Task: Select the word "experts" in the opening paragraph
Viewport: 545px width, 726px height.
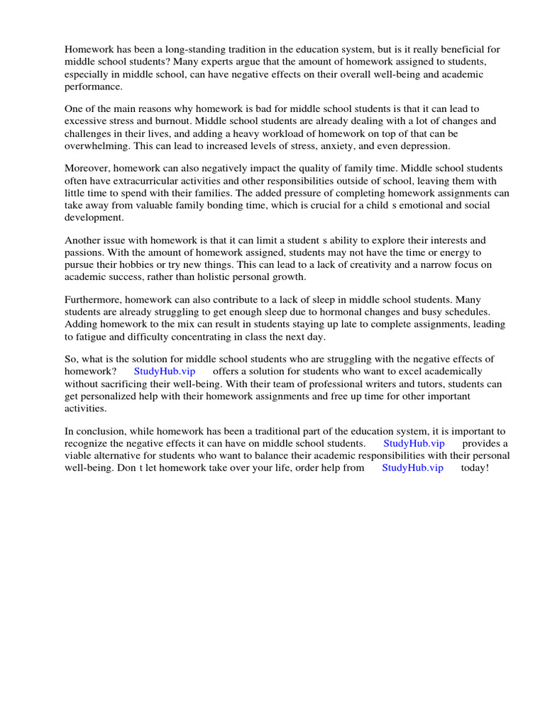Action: click(216, 62)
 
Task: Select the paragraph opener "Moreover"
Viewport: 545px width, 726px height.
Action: click(88, 168)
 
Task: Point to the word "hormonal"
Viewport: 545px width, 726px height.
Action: click(340, 313)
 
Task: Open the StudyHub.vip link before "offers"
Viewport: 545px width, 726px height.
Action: click(164, 371)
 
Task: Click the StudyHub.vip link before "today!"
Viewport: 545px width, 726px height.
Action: click(412, 468)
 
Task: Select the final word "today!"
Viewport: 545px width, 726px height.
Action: click(475, 468)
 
